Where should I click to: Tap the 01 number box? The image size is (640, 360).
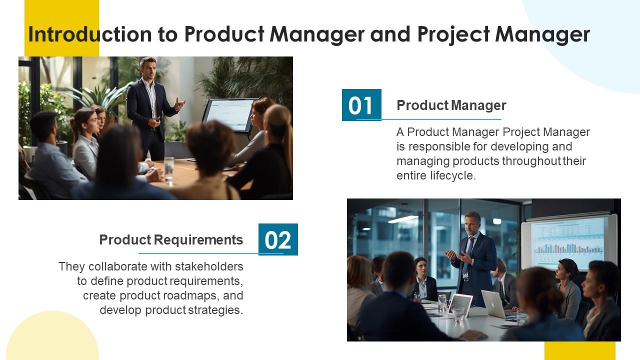(361, 105)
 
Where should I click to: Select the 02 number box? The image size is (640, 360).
(278, 239)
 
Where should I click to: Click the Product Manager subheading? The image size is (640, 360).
(451, 105)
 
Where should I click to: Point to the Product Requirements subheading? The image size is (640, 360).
(171, 240)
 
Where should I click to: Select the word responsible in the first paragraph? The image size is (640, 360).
(440, 146)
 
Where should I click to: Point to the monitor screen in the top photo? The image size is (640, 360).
(229, 114)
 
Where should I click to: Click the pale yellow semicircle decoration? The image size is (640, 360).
(52, 337)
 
